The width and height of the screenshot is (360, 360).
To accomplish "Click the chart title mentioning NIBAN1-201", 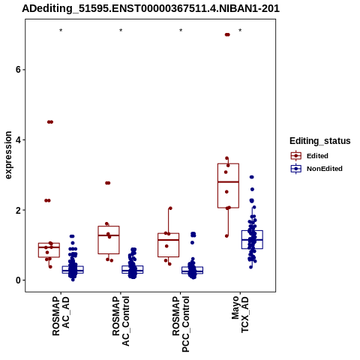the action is tap(151, 8).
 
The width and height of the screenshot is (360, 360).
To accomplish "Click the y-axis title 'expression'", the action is tap(8, 155).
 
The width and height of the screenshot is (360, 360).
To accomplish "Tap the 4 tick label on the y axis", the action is tap(18, 140).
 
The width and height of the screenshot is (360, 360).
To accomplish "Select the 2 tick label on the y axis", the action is tap(18, 210).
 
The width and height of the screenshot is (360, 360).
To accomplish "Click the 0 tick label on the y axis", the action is tap(18, 280).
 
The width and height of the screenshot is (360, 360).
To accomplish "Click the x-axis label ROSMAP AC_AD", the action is tap(61, 316).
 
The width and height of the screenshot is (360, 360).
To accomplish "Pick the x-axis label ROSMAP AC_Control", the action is tap(121, 321).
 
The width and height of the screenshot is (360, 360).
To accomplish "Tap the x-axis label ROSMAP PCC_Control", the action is tap(181, 324).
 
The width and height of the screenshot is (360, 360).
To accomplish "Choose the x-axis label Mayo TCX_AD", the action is tap(240, 314).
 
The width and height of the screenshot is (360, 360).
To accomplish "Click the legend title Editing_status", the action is tap(320, 141).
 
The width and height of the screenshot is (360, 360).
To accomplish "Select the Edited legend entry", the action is tap(310, 156).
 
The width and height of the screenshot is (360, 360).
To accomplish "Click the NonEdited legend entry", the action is tap(316, 169).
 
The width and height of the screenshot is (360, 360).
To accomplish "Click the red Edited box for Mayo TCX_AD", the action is tap(228, 185).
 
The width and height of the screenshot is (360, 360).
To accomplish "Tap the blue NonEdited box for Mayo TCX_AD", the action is tap(252, 239).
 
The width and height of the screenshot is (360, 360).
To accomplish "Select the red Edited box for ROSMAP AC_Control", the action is tap(109, 240).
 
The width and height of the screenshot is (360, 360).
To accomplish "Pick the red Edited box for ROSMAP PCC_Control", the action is tap(168, 245).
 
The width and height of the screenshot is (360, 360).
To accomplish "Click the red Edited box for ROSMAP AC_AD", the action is tap(49, 250).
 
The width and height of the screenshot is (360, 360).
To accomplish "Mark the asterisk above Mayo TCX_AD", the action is tap(240, 31).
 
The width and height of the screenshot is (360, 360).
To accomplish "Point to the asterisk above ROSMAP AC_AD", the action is tap(61, 31).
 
